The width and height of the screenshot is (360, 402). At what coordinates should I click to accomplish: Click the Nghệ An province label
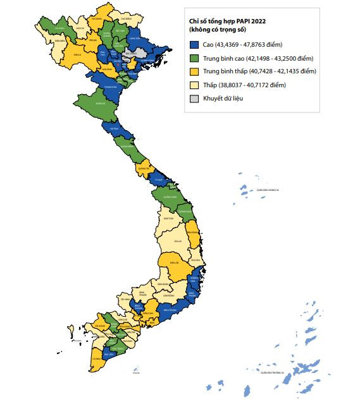[99, 102]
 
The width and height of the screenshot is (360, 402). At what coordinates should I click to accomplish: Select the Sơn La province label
[77, 54]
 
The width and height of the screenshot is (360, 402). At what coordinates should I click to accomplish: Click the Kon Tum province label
[168, 218]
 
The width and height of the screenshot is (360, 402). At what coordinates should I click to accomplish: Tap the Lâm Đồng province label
[168, 295]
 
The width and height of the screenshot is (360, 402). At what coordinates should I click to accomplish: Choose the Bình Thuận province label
[168, 310]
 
